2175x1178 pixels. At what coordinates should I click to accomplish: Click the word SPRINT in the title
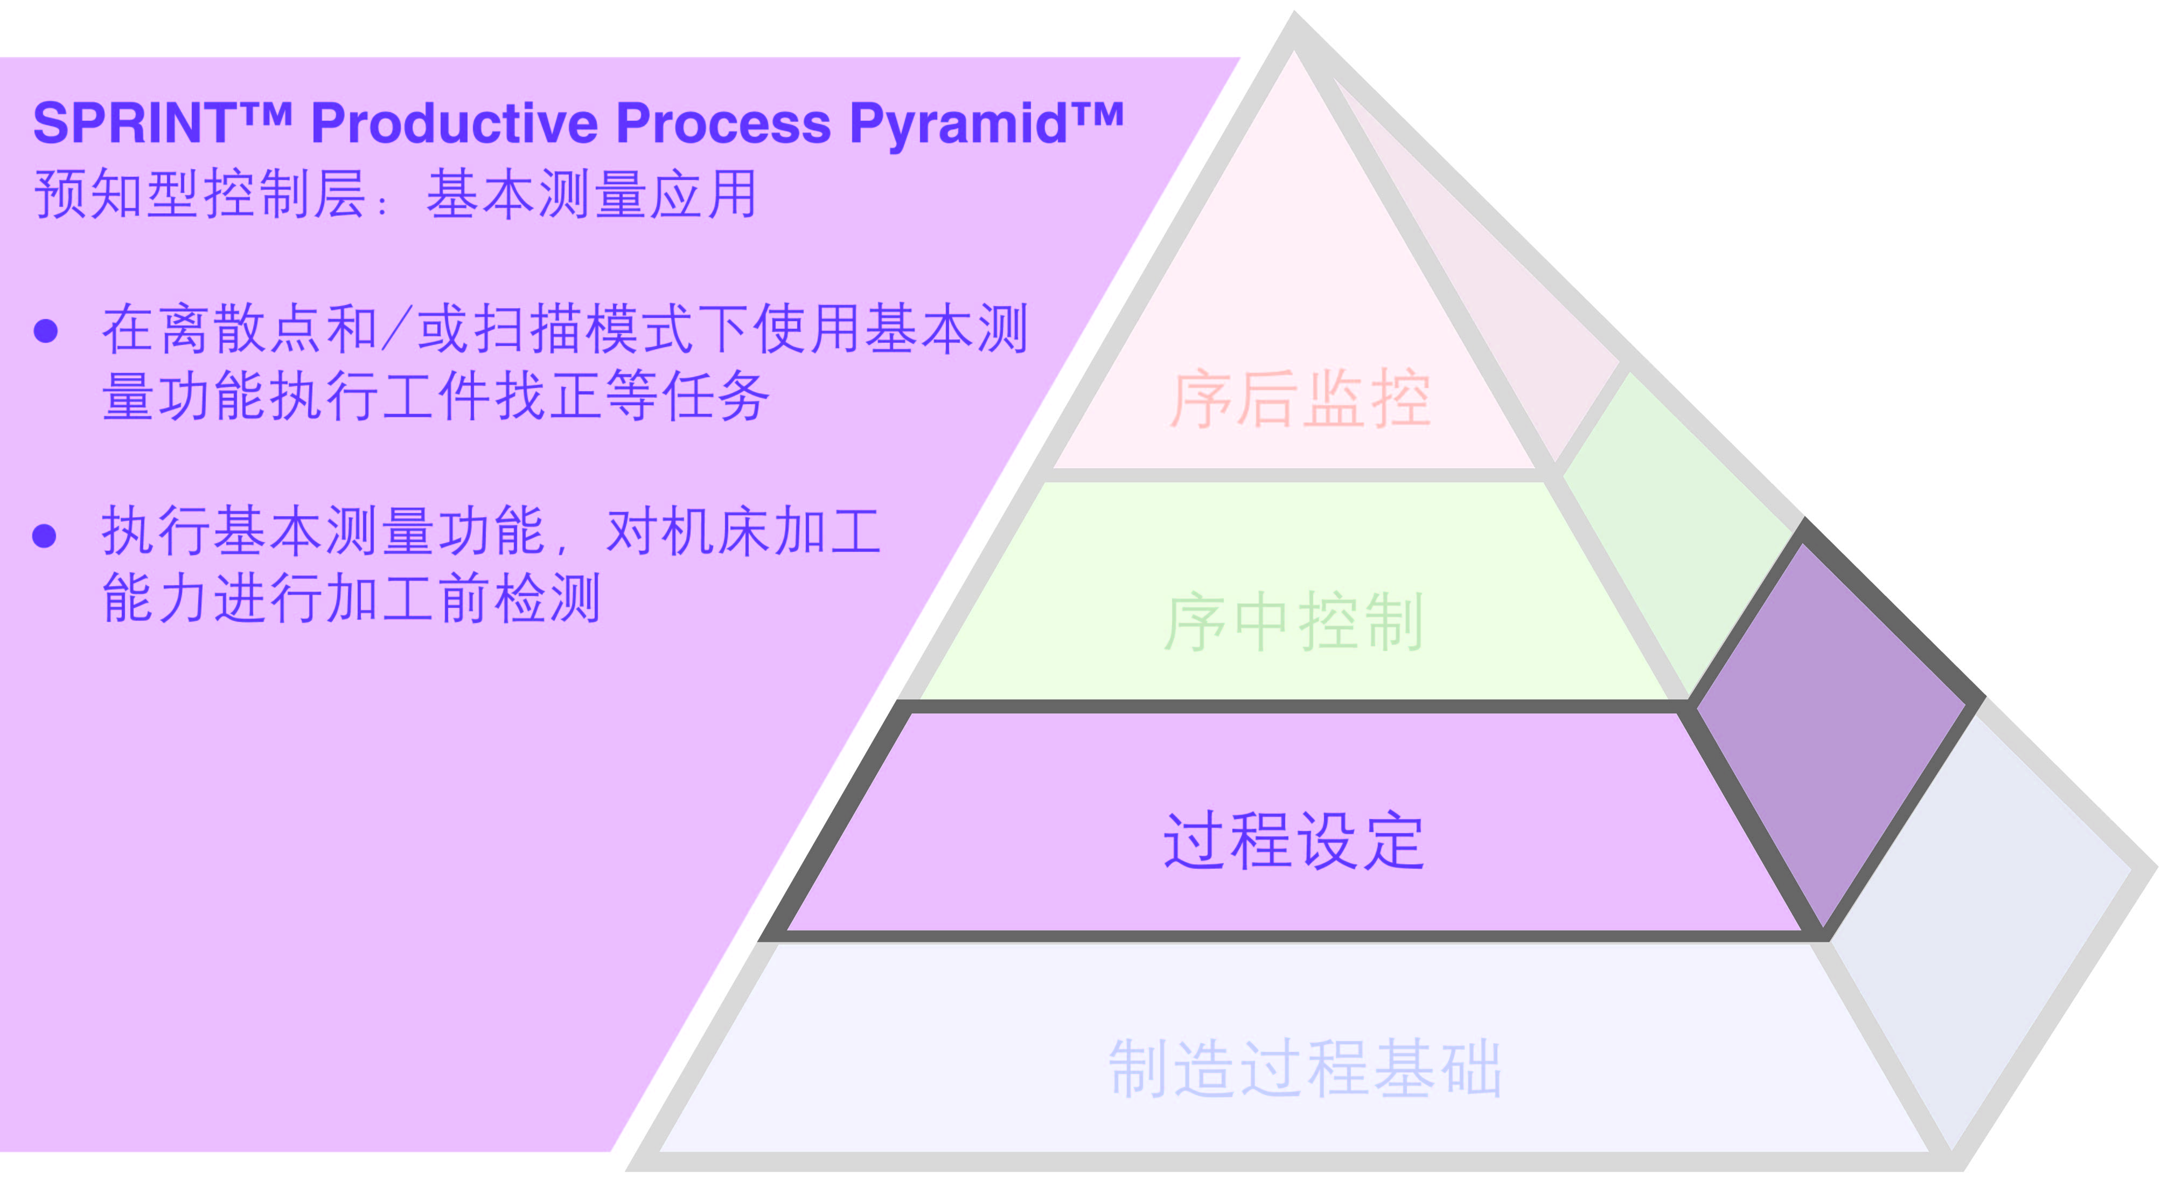[x=135, y=123]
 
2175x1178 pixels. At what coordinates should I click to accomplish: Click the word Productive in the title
[x=454, y=123]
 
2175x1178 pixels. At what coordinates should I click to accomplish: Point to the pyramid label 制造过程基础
[x=1305, y=1068]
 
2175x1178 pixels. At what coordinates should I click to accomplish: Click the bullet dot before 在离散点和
[x=46, y=330]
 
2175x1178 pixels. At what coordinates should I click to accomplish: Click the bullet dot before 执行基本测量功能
[x=44, y=535]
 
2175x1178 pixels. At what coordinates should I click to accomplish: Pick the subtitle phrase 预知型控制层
[x=200, y=194]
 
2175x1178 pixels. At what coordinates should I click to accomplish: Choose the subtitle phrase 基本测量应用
[x=591, y=194]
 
